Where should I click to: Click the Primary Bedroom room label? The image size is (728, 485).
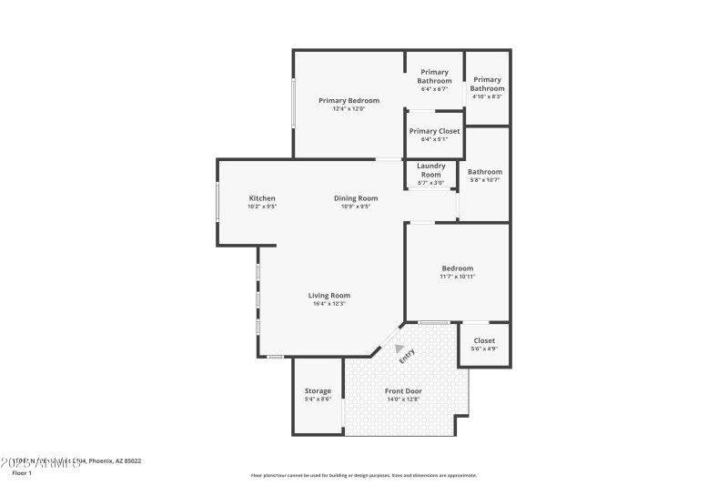[x=349, y=100]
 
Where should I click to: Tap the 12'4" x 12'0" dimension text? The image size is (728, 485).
[x=349, y=109]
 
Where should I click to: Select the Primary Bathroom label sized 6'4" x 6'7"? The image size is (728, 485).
[x=434, y=76]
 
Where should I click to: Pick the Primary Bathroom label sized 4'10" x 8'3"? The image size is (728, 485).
[x=488, y=84]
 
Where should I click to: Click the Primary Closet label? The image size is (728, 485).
[x=434, y=131]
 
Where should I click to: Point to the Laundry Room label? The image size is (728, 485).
[x=430, y=170]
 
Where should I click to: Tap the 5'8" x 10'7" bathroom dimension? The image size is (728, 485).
[x=485, y=180]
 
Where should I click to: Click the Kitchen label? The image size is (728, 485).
[x=262, y=198]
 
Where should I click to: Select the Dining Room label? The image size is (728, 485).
[x=355, y=198]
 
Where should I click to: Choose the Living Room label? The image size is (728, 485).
[x=329, y=295]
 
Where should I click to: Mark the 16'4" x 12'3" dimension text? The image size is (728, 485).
[x=329, y=304]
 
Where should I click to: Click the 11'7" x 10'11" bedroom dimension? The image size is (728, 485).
[x=458, y=277]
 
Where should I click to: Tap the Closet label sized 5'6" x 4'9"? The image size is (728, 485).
[x=484, y=341]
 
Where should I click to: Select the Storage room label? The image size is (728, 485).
[x=318, y=391]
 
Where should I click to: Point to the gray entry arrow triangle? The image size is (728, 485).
[x=399, y=348]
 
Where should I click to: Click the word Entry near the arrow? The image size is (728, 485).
[x=407, y=356]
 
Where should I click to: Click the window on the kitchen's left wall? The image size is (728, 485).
[x=217, y=201]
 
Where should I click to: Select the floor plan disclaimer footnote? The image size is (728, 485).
[x=363, y=475]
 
